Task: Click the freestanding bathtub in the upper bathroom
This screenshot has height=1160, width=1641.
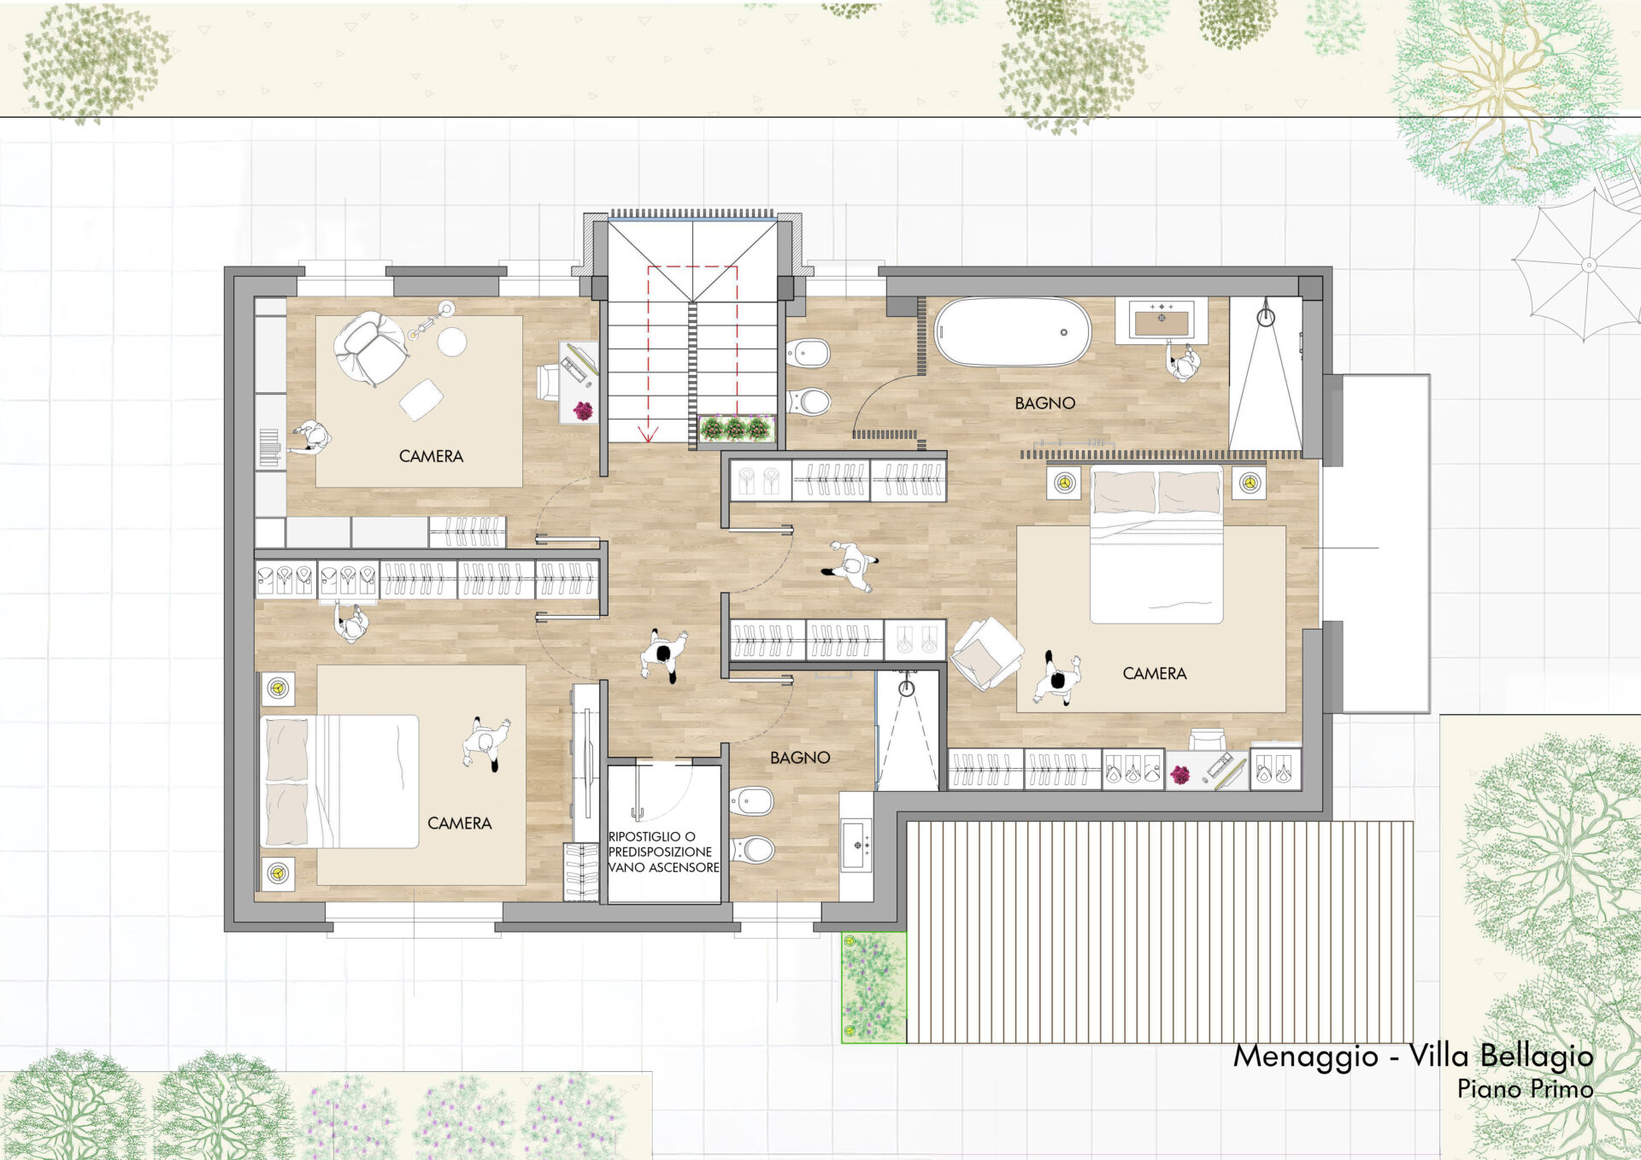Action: coord(1013,331)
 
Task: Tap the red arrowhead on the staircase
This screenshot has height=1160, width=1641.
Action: coord(648,434)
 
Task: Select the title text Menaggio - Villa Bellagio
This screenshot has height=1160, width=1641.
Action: coord(1413,1056)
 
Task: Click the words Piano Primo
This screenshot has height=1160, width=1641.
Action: coord(1526,1089)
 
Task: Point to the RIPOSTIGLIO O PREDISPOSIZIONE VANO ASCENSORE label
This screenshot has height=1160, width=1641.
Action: coord(663,852)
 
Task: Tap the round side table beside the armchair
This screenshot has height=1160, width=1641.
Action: coord(452,342)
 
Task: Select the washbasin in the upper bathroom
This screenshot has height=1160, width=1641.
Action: coord(1161,320)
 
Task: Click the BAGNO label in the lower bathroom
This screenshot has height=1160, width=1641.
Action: coord(800,758)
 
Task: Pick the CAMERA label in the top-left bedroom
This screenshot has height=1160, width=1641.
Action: coord(431,456)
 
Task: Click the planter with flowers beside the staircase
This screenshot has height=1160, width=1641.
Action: coord(736,428)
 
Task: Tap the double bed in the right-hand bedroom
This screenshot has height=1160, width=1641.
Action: coord(1156,544)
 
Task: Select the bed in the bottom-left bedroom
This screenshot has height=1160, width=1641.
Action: coord(339,782)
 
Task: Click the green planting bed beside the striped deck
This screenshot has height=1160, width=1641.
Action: coord(873,987)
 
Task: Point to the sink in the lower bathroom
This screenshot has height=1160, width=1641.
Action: coord(856,846)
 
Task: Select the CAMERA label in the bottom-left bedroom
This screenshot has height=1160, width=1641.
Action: coord(459,823)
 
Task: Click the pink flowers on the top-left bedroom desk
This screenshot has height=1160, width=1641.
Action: coord(583,411)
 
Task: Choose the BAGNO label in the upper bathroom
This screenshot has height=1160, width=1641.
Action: coord(1044,403)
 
